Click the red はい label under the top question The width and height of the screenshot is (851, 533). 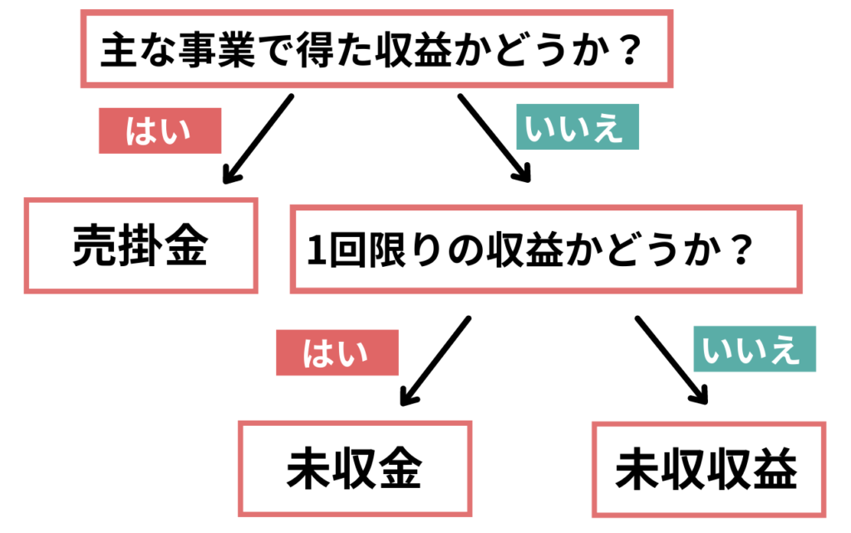click(x=160, y=131)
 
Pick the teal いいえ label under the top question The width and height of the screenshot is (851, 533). click(x=578, y=126)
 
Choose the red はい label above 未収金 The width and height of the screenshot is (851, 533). click(x=337, y=353)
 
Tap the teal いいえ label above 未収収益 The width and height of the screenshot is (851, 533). click(x=755, y=348)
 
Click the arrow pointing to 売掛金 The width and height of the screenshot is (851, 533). click(x=258, y=139)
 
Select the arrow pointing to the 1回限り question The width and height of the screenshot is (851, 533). click(x=494, y=138)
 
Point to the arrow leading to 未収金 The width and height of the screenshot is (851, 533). click(x=435, y=361)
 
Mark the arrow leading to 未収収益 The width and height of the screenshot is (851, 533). click(x=671, y=360)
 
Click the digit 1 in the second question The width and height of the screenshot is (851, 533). click(x=317, y=250)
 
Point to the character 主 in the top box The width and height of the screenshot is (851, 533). click(x=119, y=50)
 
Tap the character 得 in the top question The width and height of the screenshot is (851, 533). click(x=315, y=50)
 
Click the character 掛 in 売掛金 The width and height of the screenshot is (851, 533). click(x=141, y=246)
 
